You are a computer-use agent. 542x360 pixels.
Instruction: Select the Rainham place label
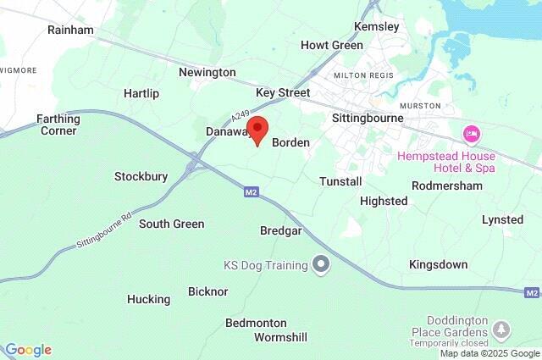(x=70, y=30)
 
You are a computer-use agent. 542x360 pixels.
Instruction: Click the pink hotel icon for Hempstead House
(x=472, y=134)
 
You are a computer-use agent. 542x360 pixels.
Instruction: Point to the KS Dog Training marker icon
(x=321, y=265)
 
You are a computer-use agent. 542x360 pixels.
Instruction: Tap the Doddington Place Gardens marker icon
(x=502, y=328)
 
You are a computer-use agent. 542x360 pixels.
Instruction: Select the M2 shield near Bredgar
(x=251, y=192)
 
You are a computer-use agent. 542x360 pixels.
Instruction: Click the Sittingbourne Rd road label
(x=106, y=230)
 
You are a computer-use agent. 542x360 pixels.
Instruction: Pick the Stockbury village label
(x=141, y=177)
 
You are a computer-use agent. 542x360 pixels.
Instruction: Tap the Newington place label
(x=207, y=72)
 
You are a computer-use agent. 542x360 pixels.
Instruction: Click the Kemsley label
(x=377, y=26)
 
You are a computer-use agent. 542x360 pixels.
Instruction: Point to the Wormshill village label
(x=280, y=337)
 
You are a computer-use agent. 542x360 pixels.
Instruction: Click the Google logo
(x=28, y=350)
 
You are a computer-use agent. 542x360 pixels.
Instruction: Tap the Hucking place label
(x=148, y=299)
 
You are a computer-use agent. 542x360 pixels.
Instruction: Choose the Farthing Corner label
(x=58, y=125)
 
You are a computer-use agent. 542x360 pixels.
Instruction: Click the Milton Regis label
(x=364, y=75)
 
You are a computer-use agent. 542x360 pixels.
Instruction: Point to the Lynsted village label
(x=502, y=219)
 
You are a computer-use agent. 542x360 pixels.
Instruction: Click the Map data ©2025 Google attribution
(x=489, y=353)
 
